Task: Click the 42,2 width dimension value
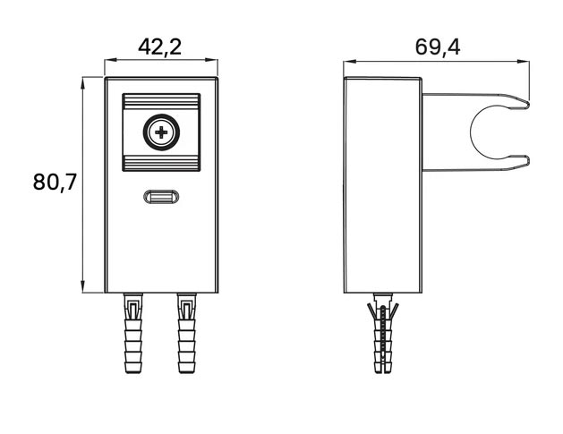click(x=160, y=47)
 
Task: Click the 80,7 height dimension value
click(x=55, y=182)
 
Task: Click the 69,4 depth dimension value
click(x=438, y=47)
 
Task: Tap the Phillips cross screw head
click(x=161, y=132)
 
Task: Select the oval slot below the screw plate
click(x=161, y=197)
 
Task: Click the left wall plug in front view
click(x=133, y=334)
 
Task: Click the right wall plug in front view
click(x=187, y=334)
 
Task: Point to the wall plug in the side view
click(x=383, y=334)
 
